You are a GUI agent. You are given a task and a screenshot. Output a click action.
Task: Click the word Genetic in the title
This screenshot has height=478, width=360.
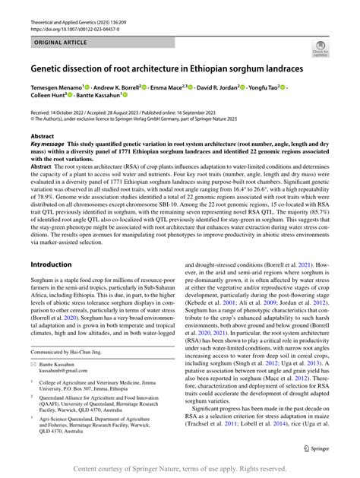pyautogui.click(x=51, y=68)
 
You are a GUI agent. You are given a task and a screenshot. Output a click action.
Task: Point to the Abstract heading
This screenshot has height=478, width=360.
pyautogui.click(x=42, y=135)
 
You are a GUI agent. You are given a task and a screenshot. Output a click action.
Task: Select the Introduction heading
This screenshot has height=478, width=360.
pyautogui.click(x=51, y=264)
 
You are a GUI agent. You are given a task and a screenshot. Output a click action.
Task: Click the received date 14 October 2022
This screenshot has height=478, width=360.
pyautogui.click(x=74, y=112)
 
